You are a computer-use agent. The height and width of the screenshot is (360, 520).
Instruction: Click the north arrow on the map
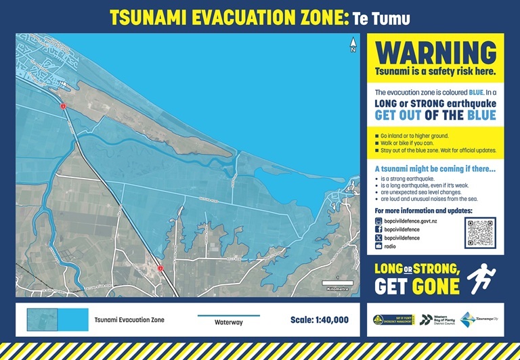(x=353, y=46)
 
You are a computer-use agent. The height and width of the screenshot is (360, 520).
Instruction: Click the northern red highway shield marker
(x=62, y=106)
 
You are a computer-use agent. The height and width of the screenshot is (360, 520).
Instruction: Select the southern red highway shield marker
(x=160, y=269)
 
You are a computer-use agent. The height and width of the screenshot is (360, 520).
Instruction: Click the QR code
(x=480, y=234)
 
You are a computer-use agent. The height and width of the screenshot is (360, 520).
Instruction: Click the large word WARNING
(x=435, y=53)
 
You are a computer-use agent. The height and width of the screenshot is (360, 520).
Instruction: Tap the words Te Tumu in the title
(x=381, y=17)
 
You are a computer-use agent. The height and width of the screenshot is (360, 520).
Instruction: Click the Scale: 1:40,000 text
(x=319, y=320)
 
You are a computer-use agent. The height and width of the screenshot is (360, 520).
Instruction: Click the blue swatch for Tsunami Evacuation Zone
(x=58, y=319)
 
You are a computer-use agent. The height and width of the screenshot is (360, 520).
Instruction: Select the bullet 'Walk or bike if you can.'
(x=410, y=143)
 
